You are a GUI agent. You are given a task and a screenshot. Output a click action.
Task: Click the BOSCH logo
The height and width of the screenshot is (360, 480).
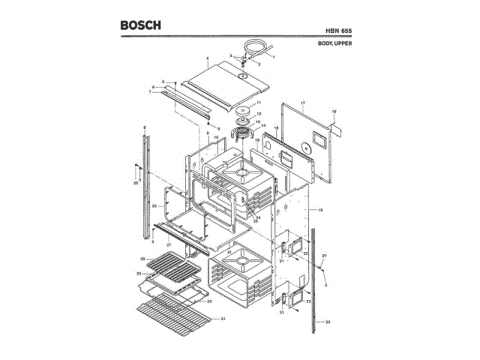pyautogui.click(x=140, y=25)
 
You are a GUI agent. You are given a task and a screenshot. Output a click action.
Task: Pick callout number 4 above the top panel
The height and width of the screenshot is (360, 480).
pyautogui.click(x=206, y=58)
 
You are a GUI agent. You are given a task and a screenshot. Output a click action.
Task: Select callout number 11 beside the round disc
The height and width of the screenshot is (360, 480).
pyautogui.click(x=258, y=103)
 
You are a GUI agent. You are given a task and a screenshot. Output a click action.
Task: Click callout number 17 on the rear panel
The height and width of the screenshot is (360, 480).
pyautogui.click(x=302, y=102)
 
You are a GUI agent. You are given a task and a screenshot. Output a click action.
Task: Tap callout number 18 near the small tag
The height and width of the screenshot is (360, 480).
pyautogui.click(x=334, y=112)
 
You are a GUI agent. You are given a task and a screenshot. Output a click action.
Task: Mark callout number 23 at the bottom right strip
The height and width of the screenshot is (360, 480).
pyautogui.click(x=328, y=321)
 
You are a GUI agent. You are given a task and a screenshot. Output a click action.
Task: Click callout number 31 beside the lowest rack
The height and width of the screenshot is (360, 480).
pyautogui.click(x=222, y=319)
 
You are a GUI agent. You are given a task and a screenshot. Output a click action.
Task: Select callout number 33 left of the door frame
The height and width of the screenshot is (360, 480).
pyautogui.click(x=153, y=205)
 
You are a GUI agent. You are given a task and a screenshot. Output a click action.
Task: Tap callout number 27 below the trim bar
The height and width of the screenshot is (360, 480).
pyautogui.click(x=169, y=244)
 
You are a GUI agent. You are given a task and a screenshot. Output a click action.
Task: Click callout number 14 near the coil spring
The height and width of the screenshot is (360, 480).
pyautogui.click(x=263, y=125)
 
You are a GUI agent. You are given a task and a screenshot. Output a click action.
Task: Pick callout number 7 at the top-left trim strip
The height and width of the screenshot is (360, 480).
pyautogui.click(x=150, y=91)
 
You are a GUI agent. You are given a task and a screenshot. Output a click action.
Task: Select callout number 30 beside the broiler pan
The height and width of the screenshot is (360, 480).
pyautogui.click(x=209, y=301)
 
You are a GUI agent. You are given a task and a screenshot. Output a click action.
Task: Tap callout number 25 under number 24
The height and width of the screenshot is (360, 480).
pyautogui.click(x=255, y=221)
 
